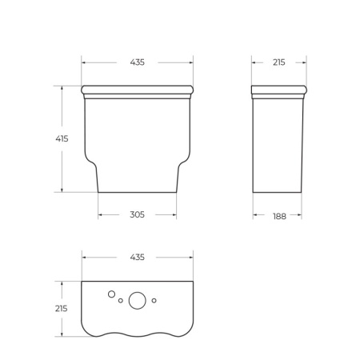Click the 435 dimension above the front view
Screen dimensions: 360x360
pyautogui.click(x=137, y=62)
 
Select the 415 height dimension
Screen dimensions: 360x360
pyautogui.click(x=62, y=138)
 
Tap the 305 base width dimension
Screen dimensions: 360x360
pyautogui.click(x=137, y=214)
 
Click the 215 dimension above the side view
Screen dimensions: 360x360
pyautogui.click(x=278, y=62)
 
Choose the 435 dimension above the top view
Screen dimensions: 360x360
pyautogui.click(x=137, y=257)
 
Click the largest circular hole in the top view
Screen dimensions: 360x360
pyautogui.click(x=138, y=301)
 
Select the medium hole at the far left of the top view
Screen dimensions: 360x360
pyautogui.click(x=113, y=294)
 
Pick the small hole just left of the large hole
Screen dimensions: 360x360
pyautogui.click(x=121, y=302)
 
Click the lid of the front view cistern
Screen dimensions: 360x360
pyautogui.click(x=137, y=89)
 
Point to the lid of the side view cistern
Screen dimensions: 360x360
pyautogui.click(x=278, y=89)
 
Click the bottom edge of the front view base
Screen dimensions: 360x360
pyautogui.click(x=137, y=193)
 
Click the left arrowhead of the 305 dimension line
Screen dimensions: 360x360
pyautogui.click(x=100, y=214)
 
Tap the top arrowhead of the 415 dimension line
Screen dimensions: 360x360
pyautogui.click(x=62, y=86)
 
